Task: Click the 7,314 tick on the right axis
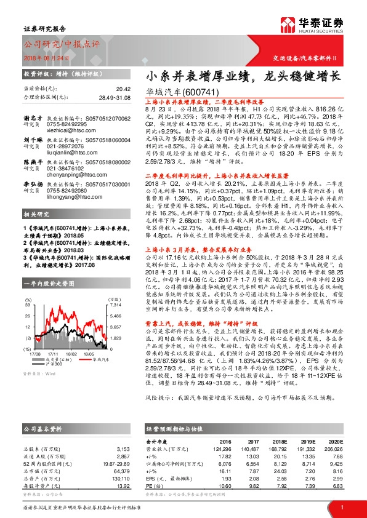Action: (115, 305)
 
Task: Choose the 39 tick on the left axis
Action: (28, 305)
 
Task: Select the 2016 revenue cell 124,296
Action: (223, 449)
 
